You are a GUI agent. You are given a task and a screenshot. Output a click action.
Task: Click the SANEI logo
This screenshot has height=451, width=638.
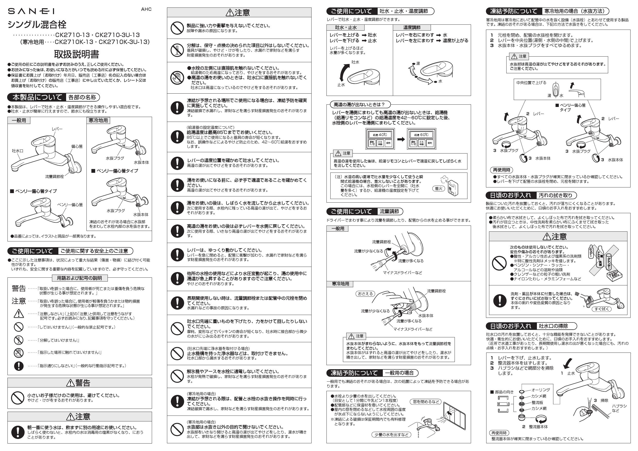point(31,11)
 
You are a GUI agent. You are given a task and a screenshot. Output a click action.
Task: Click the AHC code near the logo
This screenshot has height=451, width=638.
point(146,9)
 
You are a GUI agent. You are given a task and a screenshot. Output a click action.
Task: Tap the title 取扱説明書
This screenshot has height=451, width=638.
point(76,54)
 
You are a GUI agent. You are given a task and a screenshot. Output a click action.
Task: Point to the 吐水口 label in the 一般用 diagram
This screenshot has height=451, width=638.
point(17,151)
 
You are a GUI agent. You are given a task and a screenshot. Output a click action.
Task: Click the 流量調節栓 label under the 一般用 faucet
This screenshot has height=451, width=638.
point(55,176)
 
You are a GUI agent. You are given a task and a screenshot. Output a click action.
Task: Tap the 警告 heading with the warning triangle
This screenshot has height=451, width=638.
point(79,383)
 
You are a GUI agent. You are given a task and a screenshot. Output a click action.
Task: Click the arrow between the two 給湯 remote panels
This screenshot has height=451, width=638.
point(401,139)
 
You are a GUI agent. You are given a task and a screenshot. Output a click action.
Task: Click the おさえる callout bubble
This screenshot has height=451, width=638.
point(365,294)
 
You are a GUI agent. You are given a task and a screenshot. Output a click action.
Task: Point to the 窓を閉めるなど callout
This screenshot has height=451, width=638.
point(426,402)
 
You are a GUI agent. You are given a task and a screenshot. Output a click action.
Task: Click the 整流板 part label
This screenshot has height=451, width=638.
point(537,402)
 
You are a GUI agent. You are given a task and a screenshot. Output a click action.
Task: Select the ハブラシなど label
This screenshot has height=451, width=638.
point(619,408)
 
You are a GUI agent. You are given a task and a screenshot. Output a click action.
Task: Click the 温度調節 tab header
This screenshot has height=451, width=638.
point(412,28)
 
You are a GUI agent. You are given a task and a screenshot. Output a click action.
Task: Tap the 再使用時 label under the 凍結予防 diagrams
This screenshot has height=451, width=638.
point(502,170)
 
